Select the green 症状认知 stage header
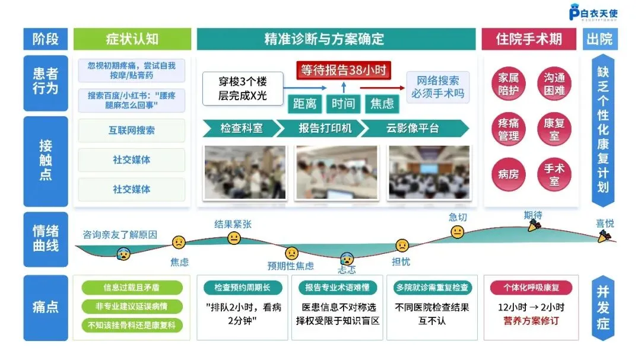132,39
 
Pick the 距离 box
305,104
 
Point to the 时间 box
343,104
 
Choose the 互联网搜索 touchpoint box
132,130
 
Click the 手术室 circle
554,175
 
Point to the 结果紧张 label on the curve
233,224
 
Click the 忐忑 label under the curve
347,269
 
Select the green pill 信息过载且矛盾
132,288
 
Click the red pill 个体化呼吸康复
531,288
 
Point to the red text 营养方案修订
531,321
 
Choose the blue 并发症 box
602,308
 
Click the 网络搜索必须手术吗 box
437,87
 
